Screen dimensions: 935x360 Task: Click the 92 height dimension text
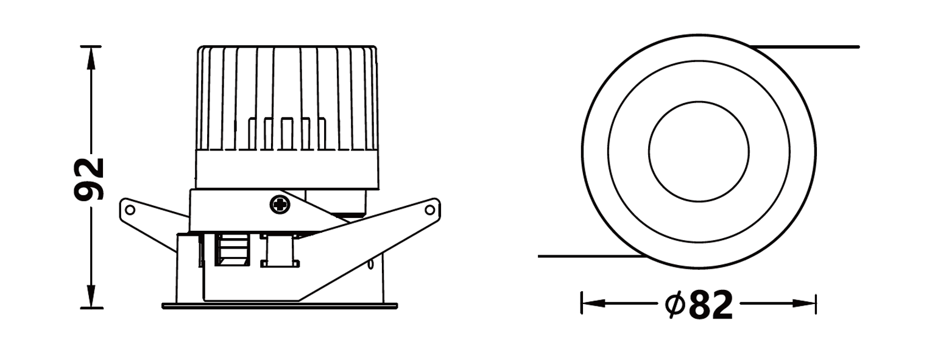(89, 179)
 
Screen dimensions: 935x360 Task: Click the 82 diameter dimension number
(711, 305)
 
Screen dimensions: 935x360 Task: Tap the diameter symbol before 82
(675, 305)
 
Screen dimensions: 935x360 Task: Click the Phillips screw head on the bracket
(280, 204)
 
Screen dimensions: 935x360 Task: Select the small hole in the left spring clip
(130, 210)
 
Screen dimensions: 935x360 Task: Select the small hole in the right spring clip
(429, 210)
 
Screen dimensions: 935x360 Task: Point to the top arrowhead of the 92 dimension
(91, 58)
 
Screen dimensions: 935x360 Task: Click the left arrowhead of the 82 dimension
(593, 303)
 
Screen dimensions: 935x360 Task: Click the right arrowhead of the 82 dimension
(804, 303)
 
